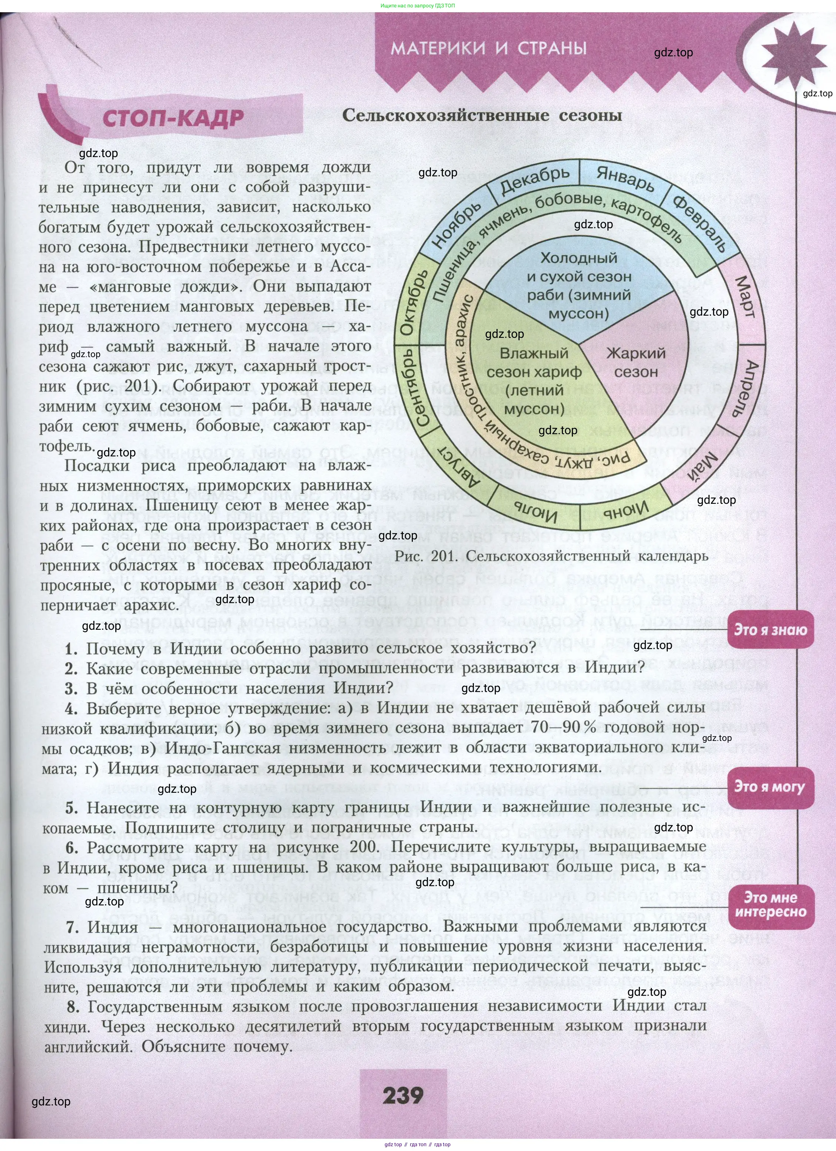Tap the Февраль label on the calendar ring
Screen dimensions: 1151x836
(x=701, y=223)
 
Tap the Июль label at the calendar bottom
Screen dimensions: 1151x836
(x=536, y=511)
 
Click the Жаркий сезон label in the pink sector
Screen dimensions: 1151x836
(x=636, y=362)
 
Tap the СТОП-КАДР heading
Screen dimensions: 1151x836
(x=173, y=118)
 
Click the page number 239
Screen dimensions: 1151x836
(x=403, y=1095)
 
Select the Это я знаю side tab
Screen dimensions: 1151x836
(x=770, y=630)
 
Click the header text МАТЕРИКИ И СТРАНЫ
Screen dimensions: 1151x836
(x=489, y=49)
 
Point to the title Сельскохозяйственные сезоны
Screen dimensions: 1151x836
(x=482, y=115)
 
